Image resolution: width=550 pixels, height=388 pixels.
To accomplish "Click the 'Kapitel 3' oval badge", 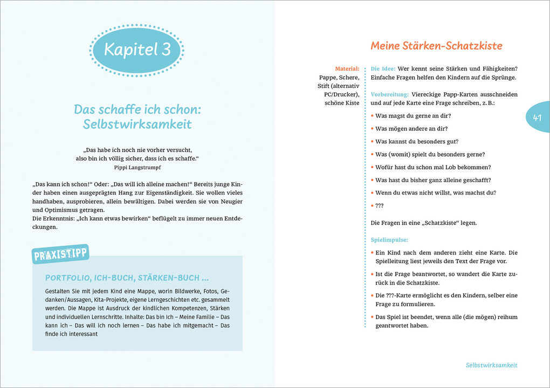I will (137, 50).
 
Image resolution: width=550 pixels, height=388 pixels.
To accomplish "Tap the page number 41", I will (537, 117).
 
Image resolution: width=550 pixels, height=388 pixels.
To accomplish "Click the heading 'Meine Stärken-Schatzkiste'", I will (436, 46).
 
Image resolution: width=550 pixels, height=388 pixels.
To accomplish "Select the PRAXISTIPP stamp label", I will (61, 254).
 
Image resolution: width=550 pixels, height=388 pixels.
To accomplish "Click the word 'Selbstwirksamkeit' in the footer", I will (491, 365).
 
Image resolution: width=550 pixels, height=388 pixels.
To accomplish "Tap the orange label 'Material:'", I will (347, 68).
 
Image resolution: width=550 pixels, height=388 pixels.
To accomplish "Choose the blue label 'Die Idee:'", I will (383, 68).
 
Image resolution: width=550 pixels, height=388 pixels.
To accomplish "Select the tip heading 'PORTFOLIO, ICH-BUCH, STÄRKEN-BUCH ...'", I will (127, 278).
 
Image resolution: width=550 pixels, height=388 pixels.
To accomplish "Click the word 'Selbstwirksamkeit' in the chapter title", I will (137, 124).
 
